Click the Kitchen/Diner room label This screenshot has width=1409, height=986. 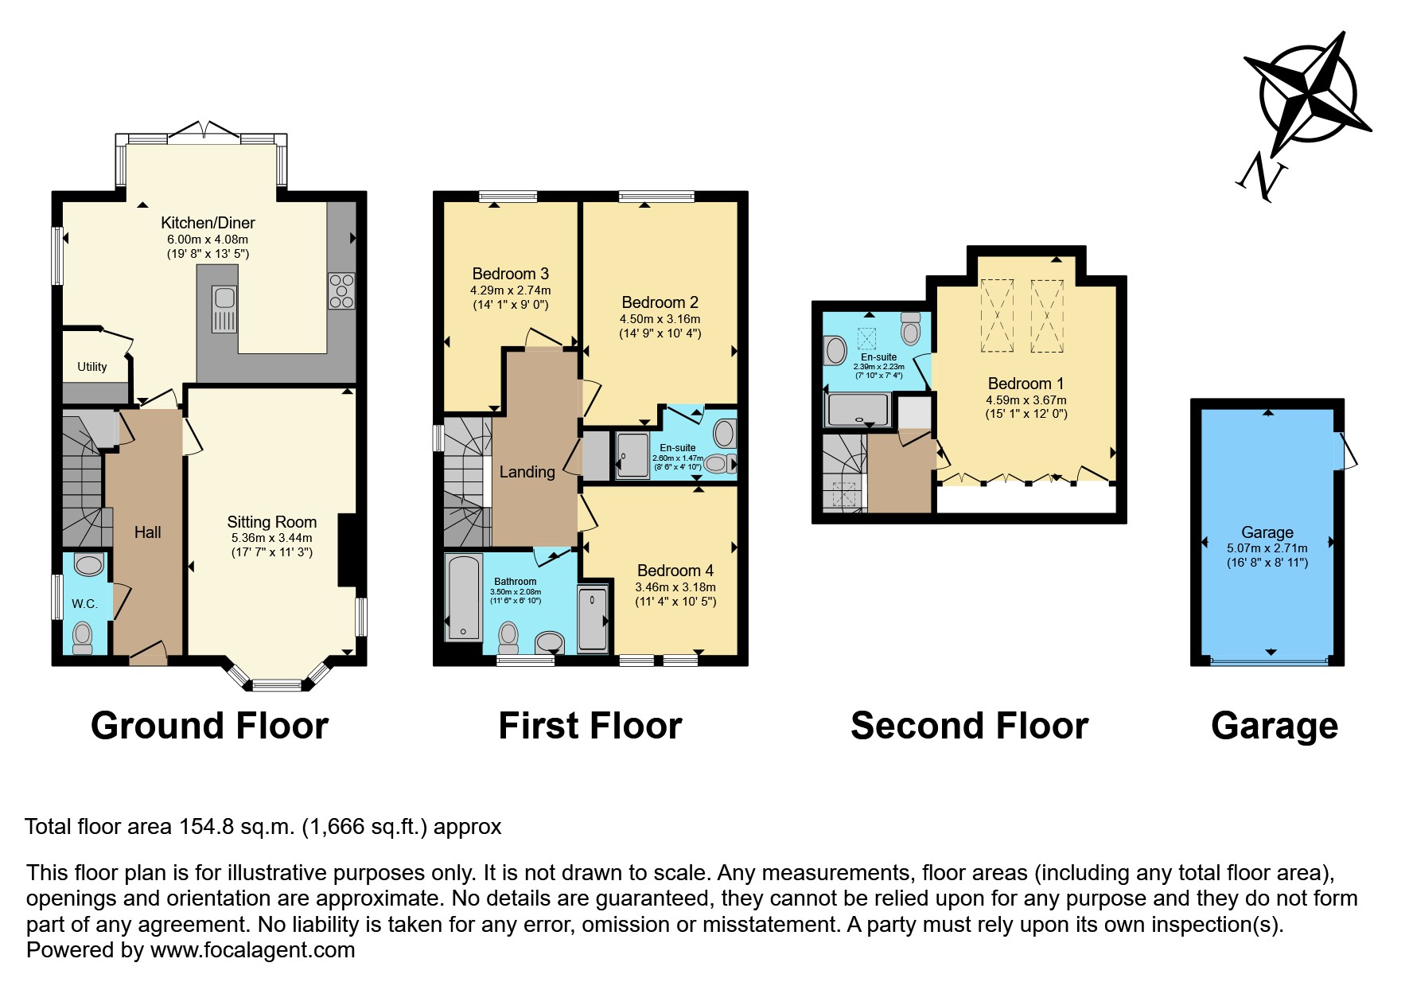click(x=208, y=223)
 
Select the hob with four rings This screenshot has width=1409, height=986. click(x=341, y=290)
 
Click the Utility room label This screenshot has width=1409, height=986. click(x=91, y=367)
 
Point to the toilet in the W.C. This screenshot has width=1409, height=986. click(x=82, y=637)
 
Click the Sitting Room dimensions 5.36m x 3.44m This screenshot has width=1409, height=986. click(x=271, y=538)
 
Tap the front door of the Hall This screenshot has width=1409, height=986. click(x=148, y=654)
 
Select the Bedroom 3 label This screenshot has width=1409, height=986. click(x=510, y=274)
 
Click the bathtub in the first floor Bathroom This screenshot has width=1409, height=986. click(x=463, y=597)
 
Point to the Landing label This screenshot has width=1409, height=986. click(x=527, y=472)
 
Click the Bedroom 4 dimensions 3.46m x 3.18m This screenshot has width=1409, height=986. click(x=675, y=587)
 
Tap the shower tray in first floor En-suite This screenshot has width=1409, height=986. click(x=632, y=455)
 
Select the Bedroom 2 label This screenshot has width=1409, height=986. click(x=660, y=302)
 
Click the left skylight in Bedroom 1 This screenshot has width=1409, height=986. click(x=997, y=315)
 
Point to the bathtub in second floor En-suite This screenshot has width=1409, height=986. click(x=858, y=410)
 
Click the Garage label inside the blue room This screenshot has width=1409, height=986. click(x=1267, y=532)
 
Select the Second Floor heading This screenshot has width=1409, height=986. click(x=968, y=726)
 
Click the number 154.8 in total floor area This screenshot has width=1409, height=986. click(x=206, y=827)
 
